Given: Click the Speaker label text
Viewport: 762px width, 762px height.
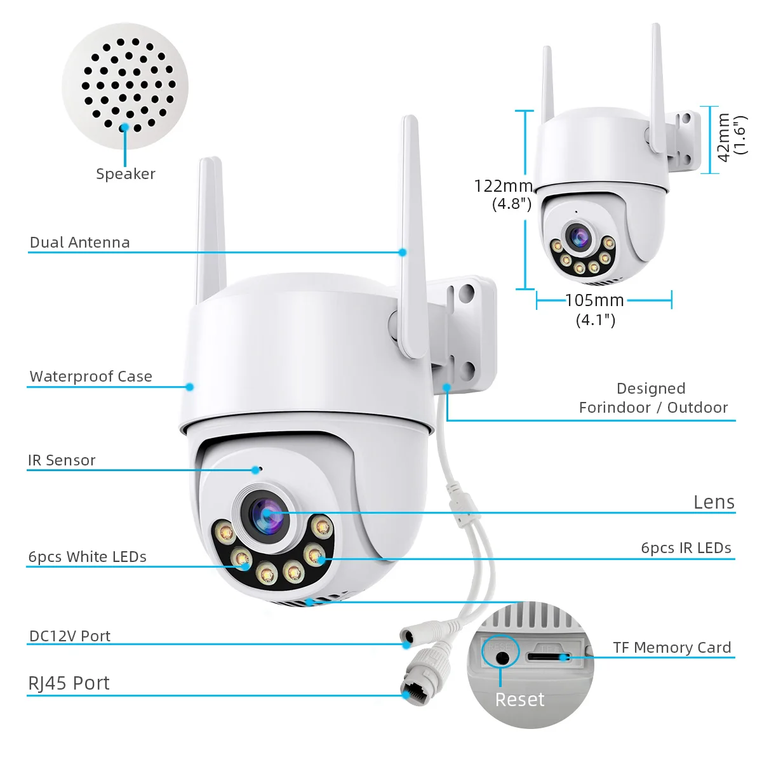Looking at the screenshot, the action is [x=126, y=174].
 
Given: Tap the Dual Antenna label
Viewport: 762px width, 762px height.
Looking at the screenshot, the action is [x=80, y=243].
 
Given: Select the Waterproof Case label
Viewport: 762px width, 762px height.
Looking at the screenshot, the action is [x=91, y=377].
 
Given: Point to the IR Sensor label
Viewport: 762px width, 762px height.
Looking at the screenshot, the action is [x=62, y=460].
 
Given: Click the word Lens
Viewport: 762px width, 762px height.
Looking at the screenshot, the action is [x=714, y=502].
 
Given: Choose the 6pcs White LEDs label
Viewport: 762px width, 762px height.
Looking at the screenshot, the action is [x=88, y=557].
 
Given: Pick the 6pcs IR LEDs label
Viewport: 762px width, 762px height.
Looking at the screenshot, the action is [x=686, y=548].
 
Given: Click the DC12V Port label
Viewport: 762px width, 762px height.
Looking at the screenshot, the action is [x=70, y=636].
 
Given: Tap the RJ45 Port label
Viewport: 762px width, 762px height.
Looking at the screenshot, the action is [x=69, y=683].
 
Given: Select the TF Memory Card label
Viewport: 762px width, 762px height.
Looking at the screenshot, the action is [x=672, y=648].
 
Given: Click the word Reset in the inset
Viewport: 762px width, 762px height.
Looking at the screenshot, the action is [x=519, y=700].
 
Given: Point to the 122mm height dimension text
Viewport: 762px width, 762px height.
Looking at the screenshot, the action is [x=503, y=186].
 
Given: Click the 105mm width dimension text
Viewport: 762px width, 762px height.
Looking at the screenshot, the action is [x=594, y=300].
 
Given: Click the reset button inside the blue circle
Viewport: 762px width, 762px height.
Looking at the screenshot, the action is [x=502, y=657].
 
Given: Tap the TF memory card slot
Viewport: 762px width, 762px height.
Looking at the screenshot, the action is [x=547, y=657].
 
